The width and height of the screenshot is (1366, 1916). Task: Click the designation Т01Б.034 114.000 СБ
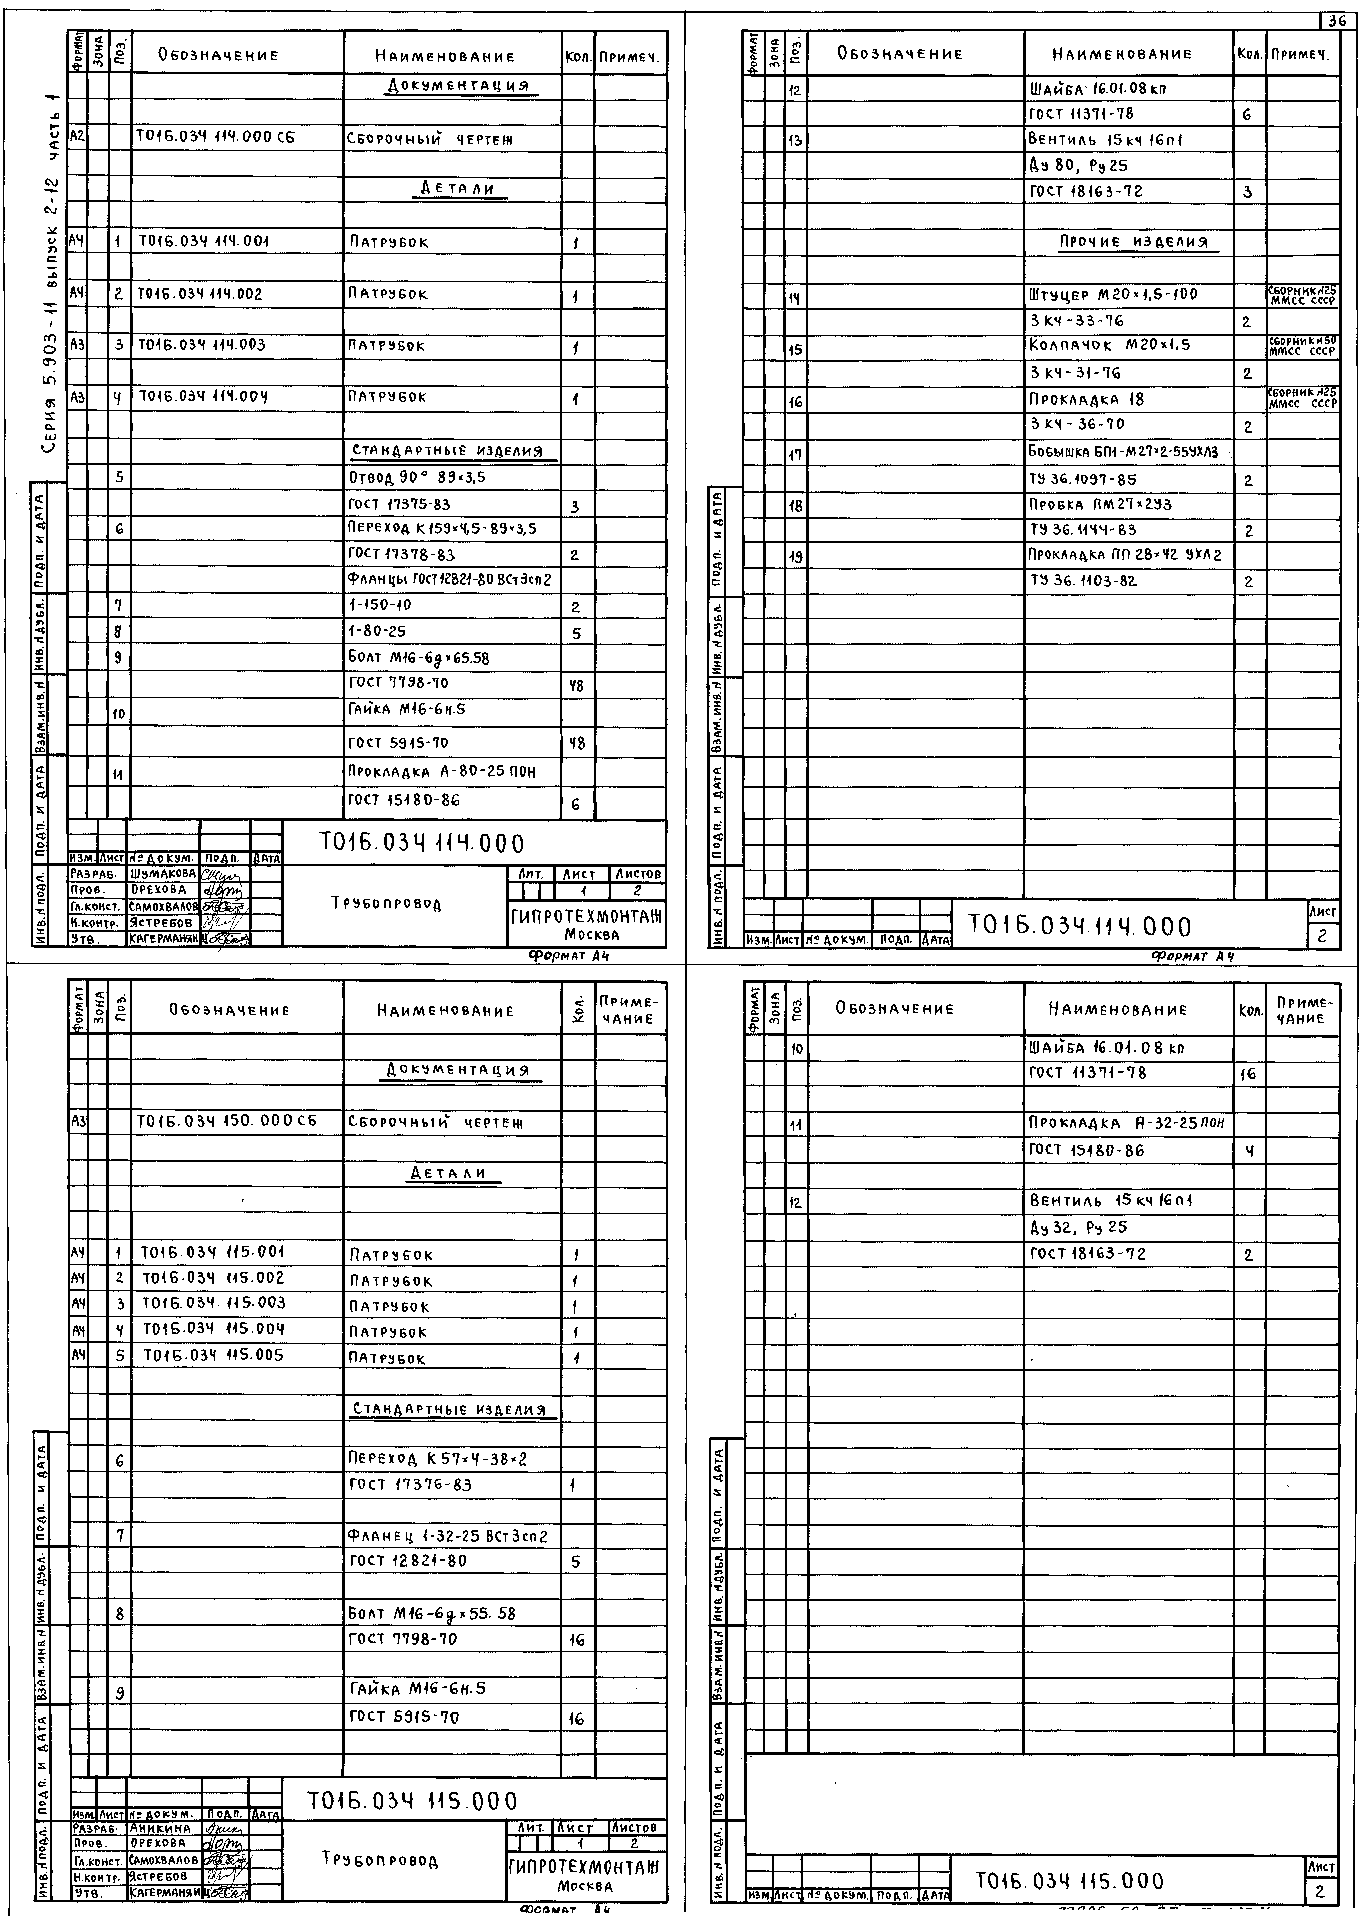pyautogui.click(x=216, y=140)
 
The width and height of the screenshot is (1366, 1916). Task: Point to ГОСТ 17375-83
pyautogui.click(x=399, y=505)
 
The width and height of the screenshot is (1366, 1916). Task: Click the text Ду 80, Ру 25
pyautogui.click(x=1078, y=166)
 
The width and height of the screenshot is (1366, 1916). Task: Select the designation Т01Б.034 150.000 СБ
pyautogui.click(x=227, y=1121)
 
